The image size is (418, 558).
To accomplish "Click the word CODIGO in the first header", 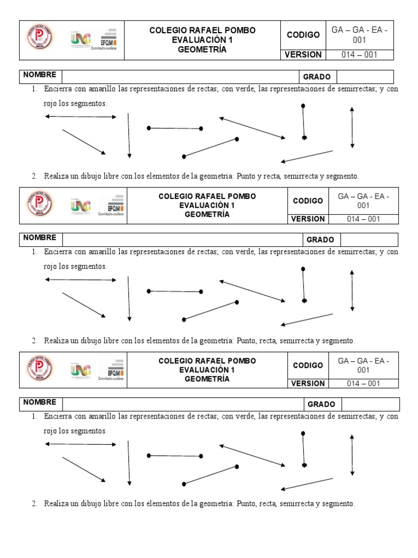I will point(303,35).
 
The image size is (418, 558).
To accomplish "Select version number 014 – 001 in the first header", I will point(359,54).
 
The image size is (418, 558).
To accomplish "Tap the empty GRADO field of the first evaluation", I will point(365,77).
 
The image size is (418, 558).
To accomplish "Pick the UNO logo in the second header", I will point(81,205).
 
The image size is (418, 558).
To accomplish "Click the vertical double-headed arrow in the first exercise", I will point(352,127).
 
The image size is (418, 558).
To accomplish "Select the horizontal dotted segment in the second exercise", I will point(175,292).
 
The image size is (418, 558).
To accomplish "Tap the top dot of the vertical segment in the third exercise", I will point(303,434).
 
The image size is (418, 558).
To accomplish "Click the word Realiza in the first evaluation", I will point(56,176).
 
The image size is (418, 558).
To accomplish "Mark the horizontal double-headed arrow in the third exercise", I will point(81,445).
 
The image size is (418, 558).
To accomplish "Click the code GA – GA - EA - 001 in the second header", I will point(363,201).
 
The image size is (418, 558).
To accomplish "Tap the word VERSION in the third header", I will point(308,383).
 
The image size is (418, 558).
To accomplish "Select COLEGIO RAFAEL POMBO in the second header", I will point(207,196).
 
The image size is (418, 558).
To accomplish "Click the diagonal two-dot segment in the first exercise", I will point(210,148).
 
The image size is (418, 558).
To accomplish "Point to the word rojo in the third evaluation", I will point(51,431).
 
